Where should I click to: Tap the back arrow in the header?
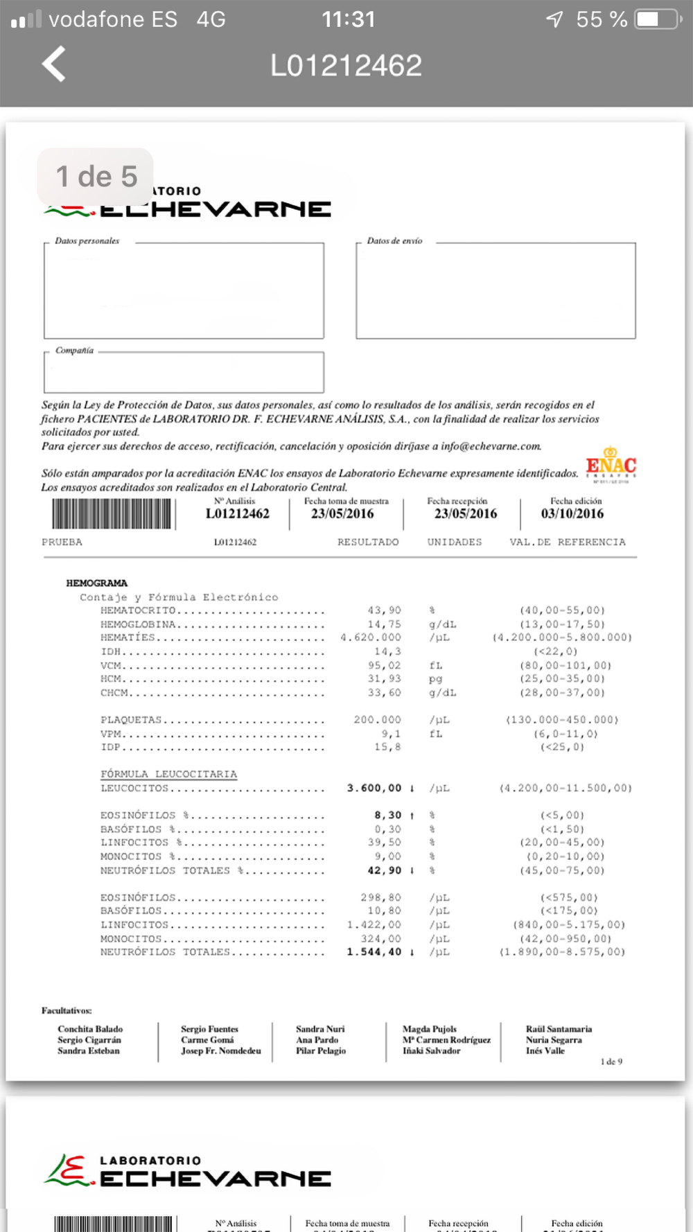coord(54,64)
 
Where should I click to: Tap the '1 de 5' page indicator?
coord(96,177)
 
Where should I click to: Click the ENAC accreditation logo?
coord(611,464)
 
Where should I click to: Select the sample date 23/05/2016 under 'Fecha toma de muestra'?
coord(342,513)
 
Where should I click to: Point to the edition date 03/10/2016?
coord(572,513)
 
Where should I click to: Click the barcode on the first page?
coord(112,514)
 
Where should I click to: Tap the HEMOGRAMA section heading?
coord(97,583)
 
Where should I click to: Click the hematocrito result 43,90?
coord(384,610)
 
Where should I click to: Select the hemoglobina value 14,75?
coord(384,624)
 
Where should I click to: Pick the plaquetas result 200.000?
coord(377,720)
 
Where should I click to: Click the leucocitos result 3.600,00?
coord(374,788)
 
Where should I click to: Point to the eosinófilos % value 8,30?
coord(388,816)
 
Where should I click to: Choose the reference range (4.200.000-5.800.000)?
coord(562,637)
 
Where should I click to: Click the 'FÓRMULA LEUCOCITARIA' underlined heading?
coord(168,774)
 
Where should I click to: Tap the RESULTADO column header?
coord(368,542)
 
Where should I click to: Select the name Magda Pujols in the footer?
coord(430,1029)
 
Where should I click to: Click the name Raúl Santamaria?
coord(559,1029)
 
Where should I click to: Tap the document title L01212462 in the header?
coord(346,66)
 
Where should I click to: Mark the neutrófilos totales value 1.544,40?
coord(374,952)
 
